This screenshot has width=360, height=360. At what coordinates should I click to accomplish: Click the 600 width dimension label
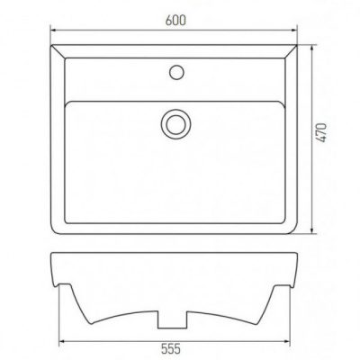pyautogui.click(x=175, y=20)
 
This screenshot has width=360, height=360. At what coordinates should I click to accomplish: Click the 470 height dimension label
pyautogui.click(x=321, y=132)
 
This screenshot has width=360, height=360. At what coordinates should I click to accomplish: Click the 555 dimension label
pyautogui.click(x=171, y=349)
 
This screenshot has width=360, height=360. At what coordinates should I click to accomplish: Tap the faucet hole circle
pyautogui.click(x=176, y=72)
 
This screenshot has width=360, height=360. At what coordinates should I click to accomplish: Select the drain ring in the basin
pyautogui.click(x=175, y=124)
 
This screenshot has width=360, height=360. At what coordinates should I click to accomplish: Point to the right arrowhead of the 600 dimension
pyautogui.click(x=293, y=30)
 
